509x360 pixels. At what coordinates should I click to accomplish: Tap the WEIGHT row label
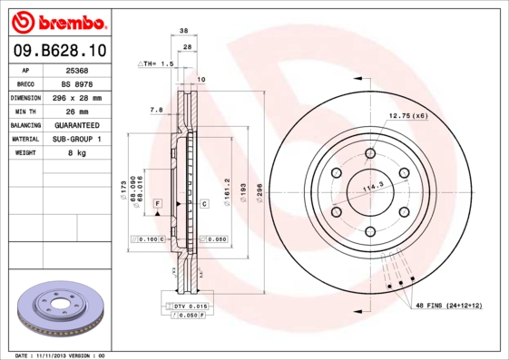[x=26, y=153]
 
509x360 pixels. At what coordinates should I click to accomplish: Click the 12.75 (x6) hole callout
[x=408, y=116]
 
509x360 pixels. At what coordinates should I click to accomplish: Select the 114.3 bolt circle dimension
[x=374, y=188]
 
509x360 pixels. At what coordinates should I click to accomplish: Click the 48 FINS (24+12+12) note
[x=449, y=306]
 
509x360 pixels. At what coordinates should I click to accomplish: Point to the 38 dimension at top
[x=184, y=30]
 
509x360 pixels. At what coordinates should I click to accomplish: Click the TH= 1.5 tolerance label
[x=155, y=64]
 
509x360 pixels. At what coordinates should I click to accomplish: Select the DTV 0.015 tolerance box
[x=191, y=307]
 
